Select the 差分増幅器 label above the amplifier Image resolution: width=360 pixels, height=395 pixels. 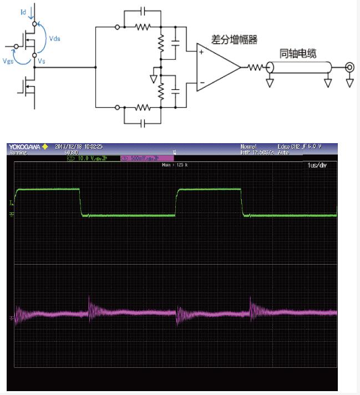click(235, 40)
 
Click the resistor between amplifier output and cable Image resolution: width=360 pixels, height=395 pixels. click(256, 68)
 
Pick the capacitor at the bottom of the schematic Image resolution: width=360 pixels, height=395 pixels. click(142, 123)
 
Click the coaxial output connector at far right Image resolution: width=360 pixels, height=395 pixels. click(349, 68)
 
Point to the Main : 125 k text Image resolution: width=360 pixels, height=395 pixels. click(175, 165)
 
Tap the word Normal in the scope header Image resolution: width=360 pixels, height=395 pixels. click(248, 147)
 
